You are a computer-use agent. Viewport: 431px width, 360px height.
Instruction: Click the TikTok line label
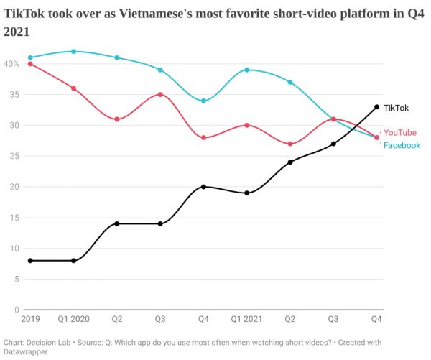click(x=396, y=108)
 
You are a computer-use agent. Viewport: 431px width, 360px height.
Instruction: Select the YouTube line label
click(x=400, y=132)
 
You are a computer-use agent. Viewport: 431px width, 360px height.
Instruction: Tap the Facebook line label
click(x=402, y=145)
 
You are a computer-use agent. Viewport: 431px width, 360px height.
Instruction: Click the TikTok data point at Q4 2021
click(x=377, y=107)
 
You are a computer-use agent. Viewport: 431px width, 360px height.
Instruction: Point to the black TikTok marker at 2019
click(x=30, y=261)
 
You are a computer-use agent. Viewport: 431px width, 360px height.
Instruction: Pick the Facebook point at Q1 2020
click(x=73, y=52)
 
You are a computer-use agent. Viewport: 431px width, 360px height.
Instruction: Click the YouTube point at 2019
click(x=30, y=64)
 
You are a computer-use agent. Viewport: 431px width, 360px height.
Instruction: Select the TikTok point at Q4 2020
click(x=204, y=187)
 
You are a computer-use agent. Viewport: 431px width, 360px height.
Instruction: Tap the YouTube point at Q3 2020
click(x=160, y=94)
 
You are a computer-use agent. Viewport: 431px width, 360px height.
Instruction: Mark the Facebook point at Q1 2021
click(x=247, y=70)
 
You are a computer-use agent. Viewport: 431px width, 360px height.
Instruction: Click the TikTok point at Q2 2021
click(x=290, y=162)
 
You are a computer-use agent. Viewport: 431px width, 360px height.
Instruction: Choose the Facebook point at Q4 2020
click(x=204, y=101)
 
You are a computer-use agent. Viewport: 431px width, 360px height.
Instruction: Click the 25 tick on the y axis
click(x=14, y=156)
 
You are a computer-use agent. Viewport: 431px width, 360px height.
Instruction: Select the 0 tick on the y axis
click(x=17, y=310)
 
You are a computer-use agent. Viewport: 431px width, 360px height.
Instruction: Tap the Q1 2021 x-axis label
click(x=247, y=318)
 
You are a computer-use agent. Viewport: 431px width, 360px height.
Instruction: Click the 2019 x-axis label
click(x=30, y=318)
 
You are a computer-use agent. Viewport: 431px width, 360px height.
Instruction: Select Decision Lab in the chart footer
click(x=52, y=342)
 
